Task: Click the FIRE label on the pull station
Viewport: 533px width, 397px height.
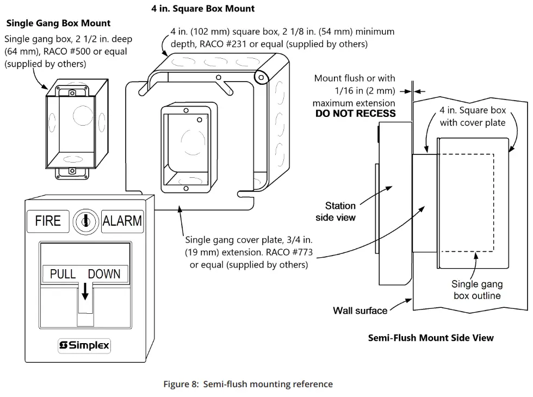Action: [48, 221]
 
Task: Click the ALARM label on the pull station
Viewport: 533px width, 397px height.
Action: [122, 221]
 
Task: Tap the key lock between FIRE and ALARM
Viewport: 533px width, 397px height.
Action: [85, 221]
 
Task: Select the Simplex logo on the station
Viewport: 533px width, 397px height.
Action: [84, 345]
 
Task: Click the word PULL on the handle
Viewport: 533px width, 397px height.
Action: [63, 274]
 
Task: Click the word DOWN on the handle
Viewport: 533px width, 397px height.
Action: [104, 274]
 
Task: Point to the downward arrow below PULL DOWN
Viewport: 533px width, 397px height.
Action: [85, 293]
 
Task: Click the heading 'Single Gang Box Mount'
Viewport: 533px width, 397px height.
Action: [58, 23]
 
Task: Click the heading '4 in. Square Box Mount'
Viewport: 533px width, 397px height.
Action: [203, 9]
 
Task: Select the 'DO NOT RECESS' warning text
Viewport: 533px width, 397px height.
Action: [355, 114]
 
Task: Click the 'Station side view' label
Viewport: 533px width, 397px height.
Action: [339, 212]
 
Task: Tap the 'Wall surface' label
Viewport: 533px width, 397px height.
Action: [360, 311]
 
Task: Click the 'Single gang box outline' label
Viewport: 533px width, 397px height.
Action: [476, 290]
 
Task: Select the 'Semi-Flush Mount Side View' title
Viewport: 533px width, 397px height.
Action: [431, 338]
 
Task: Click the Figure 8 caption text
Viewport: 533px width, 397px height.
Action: [248, 384]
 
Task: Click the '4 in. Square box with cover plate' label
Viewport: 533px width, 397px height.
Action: [472, 116]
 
